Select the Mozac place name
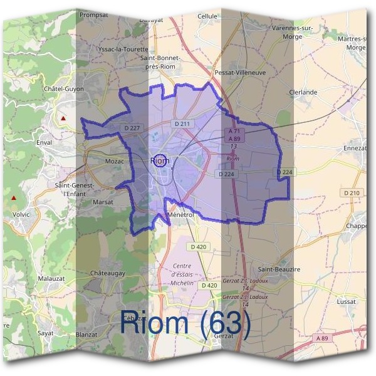coord(115,161)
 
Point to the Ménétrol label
coord(182,214)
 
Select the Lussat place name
coord(345,301)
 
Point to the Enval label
coord(44,143)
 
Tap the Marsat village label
coord(103,202)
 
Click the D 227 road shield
coord(132,128)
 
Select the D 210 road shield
coord(352,192)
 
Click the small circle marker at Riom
coord(160,160)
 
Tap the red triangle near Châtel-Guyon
coord(63,118)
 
